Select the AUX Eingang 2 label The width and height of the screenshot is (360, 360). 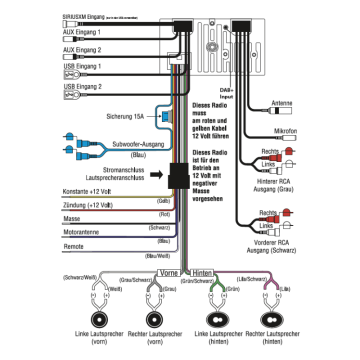[82, 50]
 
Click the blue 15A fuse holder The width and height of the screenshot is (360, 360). [164, 116]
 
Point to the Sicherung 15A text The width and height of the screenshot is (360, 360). [125, 116]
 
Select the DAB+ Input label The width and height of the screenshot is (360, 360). [226, 92]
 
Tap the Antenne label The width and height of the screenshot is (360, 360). [282, 103]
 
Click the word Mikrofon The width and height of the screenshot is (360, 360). [285, 131]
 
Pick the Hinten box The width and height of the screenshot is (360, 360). [202, 273]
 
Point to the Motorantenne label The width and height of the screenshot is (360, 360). [81, 232]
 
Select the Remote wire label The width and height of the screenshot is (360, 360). [73, 246]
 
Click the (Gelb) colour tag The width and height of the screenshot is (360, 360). [164, 201]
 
